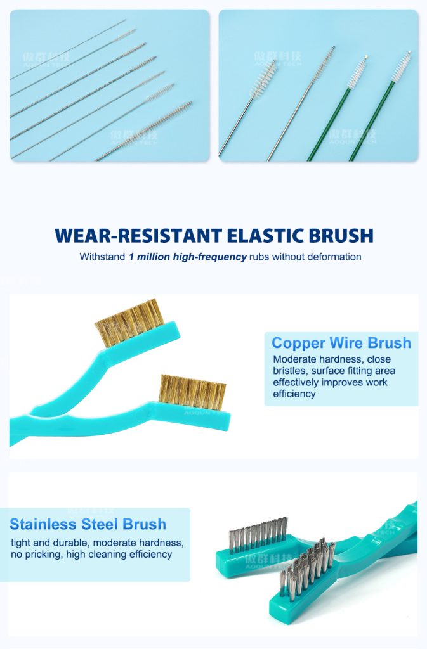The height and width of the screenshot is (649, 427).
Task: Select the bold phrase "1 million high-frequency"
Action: [x=187, y=257]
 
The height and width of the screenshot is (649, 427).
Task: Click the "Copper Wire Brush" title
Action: [x=341, y=344]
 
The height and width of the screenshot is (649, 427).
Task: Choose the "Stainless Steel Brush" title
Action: [x=88, y=524]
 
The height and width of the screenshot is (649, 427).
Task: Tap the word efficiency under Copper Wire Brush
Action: [x=294, y=394]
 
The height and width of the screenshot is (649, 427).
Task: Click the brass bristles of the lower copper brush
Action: [x=192, y=392]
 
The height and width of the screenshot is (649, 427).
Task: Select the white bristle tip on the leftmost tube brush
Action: [x=263, y=80]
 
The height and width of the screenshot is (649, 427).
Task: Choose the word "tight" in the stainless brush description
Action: [x=21, y=543]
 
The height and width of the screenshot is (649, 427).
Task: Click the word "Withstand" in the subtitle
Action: [x=102, y=257]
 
